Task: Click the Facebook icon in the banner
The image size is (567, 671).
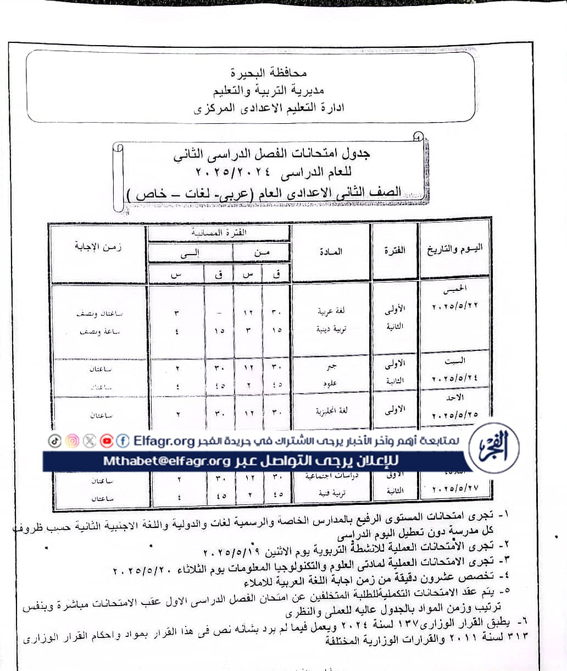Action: click(x=123, y=441)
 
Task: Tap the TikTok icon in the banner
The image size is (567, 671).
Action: click(x=54, y=441)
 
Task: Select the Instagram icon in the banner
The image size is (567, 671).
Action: click(x=72, y=441)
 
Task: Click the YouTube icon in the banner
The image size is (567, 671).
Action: click(x=106, y=441)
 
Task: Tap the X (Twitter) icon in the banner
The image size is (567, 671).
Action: click(x=89, y=441)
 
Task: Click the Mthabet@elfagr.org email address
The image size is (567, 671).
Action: click(x=166, y=461)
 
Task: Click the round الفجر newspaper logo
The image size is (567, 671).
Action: click(x=495, y=447)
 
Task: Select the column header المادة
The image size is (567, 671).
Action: click(x=331, y=251)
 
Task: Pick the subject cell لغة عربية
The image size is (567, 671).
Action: click(x=331, y=311)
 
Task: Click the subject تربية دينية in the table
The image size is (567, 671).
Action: click(x=330, y=329)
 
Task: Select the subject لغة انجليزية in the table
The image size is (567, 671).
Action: click(x=331, y=410)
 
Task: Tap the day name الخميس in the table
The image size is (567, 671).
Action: click(x=457, y=288)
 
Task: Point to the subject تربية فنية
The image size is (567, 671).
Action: click(x=330, y=493)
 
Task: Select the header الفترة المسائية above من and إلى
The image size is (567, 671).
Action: click(x=218, y=233)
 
